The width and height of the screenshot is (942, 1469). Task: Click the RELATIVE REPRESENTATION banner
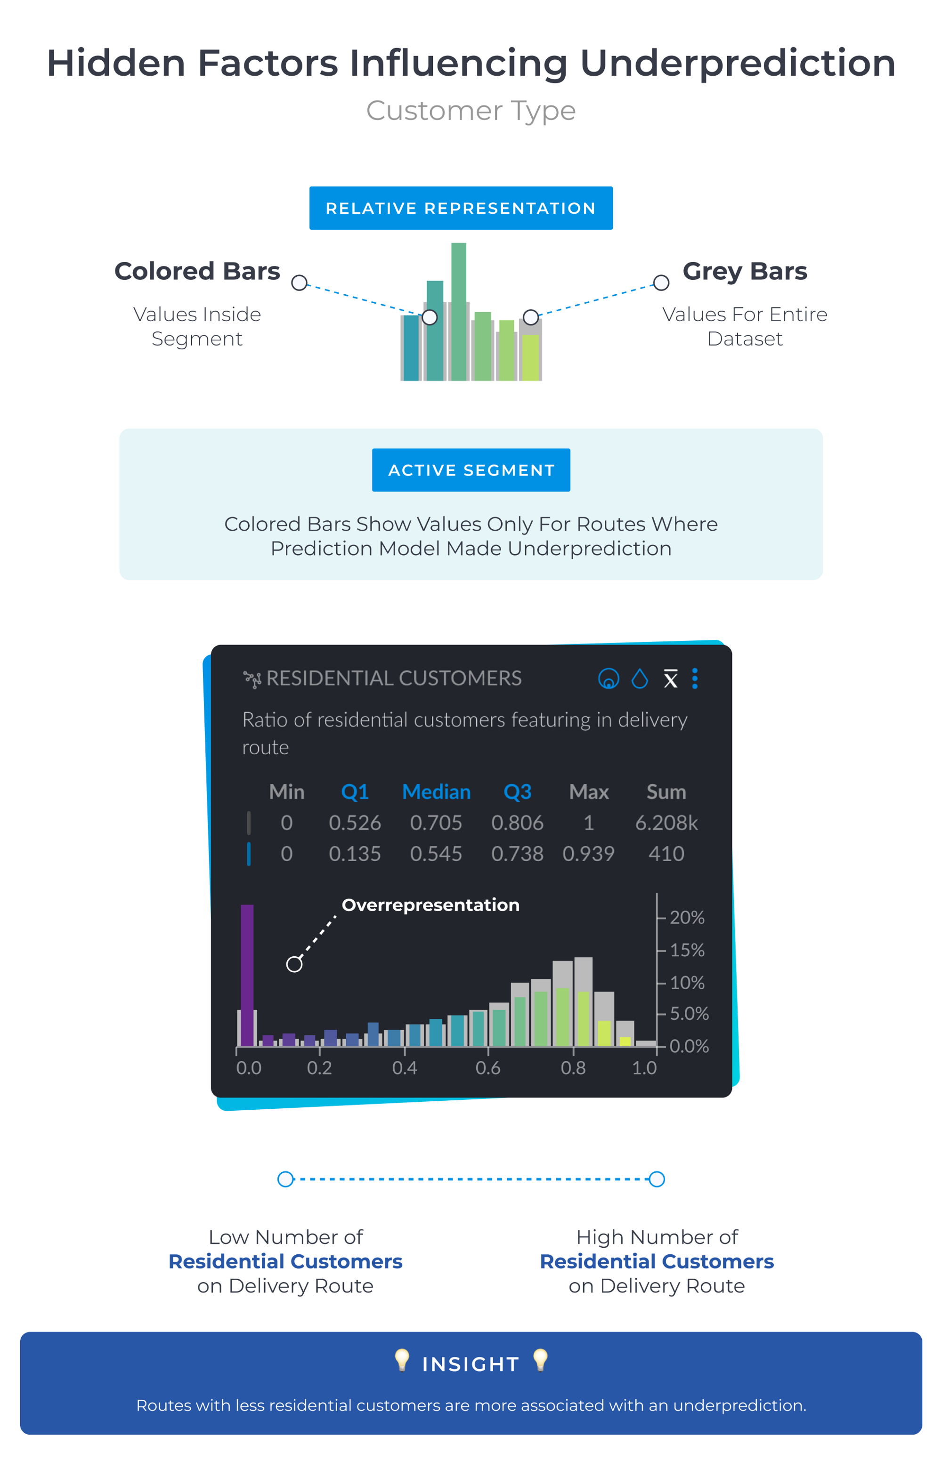point(461,209)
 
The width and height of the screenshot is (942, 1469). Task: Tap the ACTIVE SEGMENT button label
point(471,470)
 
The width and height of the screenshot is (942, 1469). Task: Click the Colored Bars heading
point(197,271)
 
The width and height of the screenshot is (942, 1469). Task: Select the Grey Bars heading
point(745,271)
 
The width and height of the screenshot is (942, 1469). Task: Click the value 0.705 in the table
point(436,823)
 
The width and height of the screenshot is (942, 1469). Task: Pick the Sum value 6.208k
point(666,823)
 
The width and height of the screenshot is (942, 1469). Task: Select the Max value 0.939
point(588,854)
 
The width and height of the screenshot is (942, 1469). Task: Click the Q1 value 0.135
point(355,854)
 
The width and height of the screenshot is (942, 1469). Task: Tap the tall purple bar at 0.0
point(247,975)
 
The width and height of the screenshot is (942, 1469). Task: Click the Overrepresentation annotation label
point(430,905)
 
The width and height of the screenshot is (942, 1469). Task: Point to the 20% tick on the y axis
point(686,918)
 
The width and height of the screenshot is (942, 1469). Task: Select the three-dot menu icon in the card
point(695,678)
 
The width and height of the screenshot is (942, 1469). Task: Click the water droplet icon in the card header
point(640,678)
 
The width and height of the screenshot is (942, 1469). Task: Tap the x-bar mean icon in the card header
point(670,678)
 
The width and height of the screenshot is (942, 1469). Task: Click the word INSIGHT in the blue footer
point(471,1364)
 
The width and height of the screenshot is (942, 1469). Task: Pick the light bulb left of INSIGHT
point(402,1360)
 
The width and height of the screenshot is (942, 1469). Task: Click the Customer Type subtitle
point(471,111)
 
